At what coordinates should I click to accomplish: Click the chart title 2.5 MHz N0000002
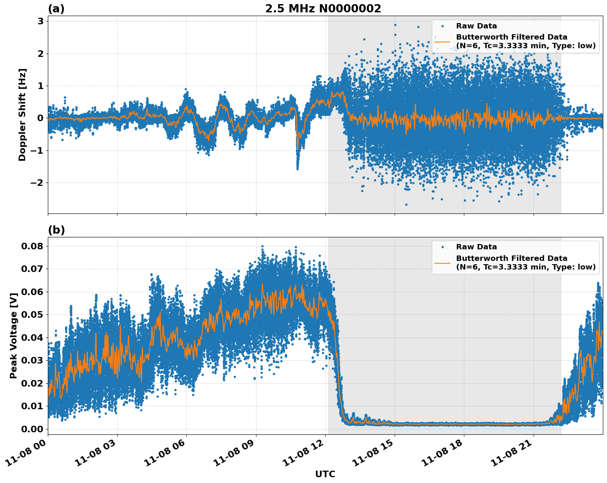point(323,9)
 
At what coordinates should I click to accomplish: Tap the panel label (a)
point(56,9)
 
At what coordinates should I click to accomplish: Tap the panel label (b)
point(56,230)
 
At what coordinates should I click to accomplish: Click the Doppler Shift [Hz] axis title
point(22,115)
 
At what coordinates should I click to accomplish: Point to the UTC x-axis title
point(325,474)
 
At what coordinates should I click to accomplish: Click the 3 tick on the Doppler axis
point(40,21)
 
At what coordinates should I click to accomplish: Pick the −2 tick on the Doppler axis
point(36,183)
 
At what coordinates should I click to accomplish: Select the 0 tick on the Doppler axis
point(40,118)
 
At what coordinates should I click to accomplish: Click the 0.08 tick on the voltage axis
point(32,246)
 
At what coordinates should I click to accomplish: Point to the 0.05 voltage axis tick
point(32,315)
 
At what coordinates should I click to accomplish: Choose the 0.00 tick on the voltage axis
point(32,429)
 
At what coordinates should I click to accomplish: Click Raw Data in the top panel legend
point(476,26)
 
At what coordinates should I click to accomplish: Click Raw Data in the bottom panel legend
point(476,247)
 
